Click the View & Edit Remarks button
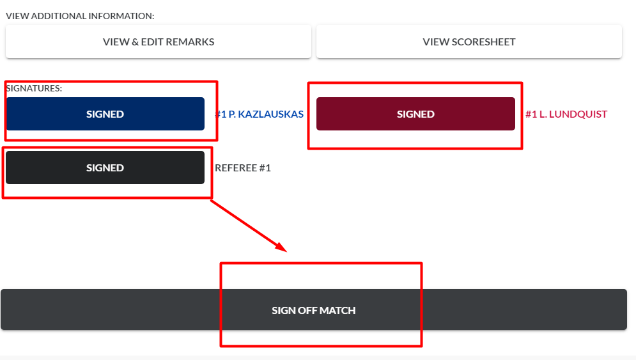(158, 42)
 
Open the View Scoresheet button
(469, 42)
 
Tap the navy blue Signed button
(105, 114)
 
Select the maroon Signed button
(415, 114)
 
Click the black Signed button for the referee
(105, 168)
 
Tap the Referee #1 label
(242, 168)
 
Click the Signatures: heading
(34, 88)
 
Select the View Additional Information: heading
(80, 16)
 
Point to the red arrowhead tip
(286, 252)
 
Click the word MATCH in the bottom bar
(337, 311)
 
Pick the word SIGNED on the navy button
(105, 114)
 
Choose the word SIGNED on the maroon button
(415, 114)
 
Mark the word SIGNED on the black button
(105, 168)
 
